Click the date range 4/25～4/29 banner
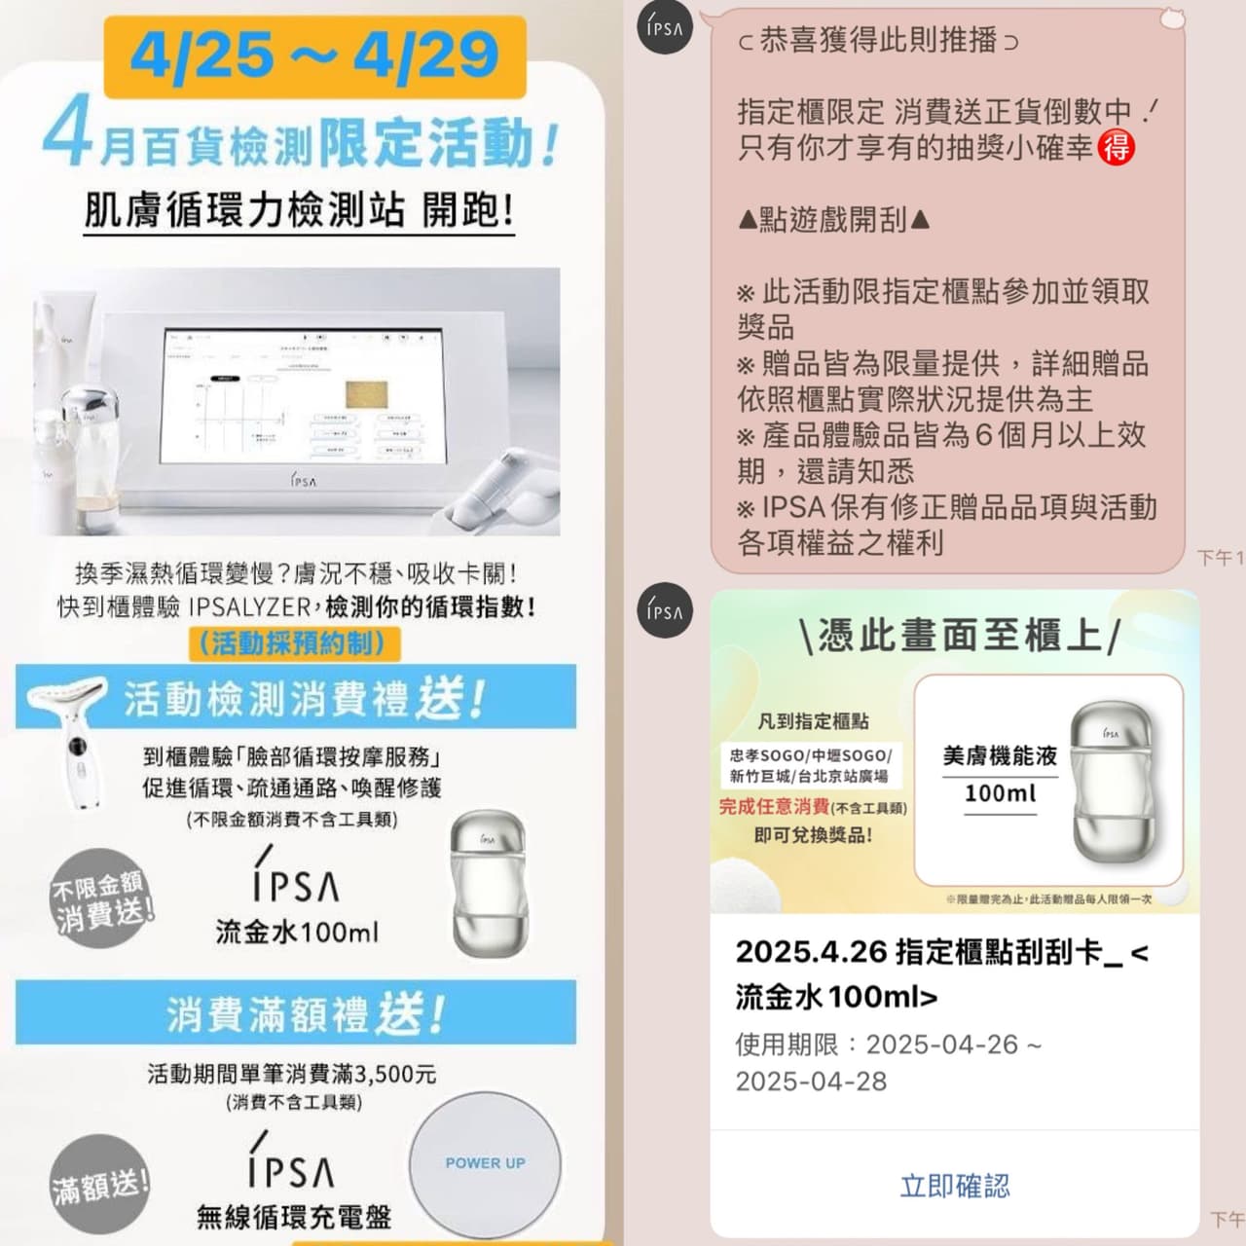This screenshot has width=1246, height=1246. pyautogui.click(x=314, y=55)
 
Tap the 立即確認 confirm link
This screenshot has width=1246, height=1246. pyautogui.click(x=954, y=1186)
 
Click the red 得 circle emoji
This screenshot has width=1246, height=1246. pyautogui.click(x=1116, y=148)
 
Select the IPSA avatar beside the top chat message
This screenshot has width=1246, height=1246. pyautogui.click(x=665, y=27)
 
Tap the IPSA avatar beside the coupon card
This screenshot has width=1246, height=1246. pyautogui.click(x=665, y=610)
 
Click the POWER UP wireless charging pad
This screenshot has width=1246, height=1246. pyautogui.click(x=485, y=1163)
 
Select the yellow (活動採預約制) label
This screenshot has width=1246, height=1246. pyautogui.click(x=292, y=642)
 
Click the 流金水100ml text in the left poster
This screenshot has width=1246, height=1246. pyautogui.click(x=297, y=932)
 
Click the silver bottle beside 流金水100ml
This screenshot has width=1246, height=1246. pyautogui.click(x=490, y=886)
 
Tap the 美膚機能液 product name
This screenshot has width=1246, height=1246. pyautogui.click(x=1000, y=756)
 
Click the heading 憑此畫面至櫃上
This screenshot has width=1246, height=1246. pyautogui.click(x=958, y=636)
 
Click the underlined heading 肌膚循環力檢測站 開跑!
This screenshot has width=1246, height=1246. pyautogui.click(x=299, y=210)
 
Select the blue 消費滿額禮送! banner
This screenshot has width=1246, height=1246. pyautogui.click(x=296, y=1013)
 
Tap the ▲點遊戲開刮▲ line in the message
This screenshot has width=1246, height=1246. pyautogui.click(x=834, y=220)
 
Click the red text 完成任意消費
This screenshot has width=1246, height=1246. pyautogui.click(x=774, y=806)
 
